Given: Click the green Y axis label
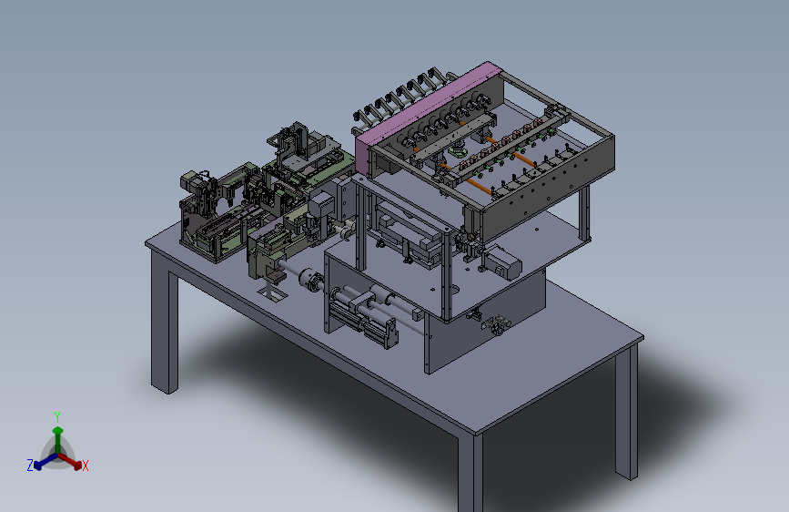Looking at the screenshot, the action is tap(56, 416).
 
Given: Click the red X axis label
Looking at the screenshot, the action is tap(85, 466).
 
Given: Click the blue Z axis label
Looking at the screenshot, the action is tap(30, 465).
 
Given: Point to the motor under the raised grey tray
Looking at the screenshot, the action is tap(503, 262).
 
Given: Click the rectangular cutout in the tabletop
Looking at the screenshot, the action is tap(272, 293).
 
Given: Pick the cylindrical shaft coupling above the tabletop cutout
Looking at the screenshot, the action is tap(309, 280).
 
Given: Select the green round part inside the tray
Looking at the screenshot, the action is tap(457, 150).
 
